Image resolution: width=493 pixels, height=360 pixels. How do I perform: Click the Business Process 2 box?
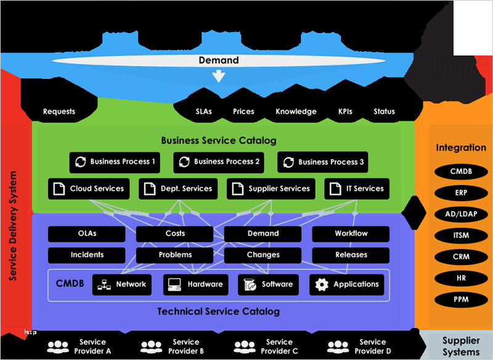click(x=219, y=162)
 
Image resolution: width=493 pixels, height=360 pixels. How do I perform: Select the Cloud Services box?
click(x=89, y=189)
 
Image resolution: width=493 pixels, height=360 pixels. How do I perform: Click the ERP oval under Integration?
click(x=461, y=193)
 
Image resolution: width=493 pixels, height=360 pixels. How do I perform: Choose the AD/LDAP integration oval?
click(x=461, y=214)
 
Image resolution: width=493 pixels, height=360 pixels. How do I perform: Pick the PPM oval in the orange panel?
click(x=461, y=300)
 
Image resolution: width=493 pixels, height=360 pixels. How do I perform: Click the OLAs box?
click(x=87, y=234)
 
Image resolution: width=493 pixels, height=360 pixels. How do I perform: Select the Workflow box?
click(x=351, y=234)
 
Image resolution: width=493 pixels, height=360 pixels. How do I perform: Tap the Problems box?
click(x=175, y=255)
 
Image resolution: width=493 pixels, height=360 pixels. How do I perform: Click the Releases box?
click(x=351, y=255)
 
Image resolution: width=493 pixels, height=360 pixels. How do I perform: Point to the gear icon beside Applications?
click(x=322, y=285)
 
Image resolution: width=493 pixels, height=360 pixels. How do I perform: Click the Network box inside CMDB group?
click(x=121, y=285)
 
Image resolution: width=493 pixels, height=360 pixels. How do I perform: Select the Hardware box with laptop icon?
click(x=195, y=285)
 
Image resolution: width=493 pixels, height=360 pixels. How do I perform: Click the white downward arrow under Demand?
click(x=218, y=76)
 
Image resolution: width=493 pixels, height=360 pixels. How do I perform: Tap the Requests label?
click(x=59, y=112)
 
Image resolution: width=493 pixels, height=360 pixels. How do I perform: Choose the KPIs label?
click(x=345, y=112)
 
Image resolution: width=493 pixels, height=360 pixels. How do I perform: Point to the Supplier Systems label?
click(x=461, y=346)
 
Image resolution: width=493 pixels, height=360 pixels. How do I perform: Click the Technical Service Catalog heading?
click(x=218, y=312)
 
